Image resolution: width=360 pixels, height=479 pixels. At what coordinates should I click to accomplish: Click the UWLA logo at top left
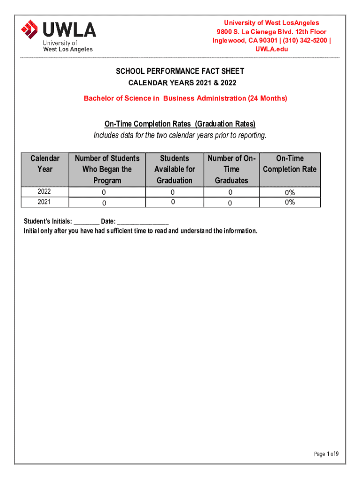pyautogui.click(x=58, y=35)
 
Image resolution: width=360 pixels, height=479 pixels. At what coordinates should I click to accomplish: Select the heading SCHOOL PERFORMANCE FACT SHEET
pyautogui.click(x=180, y=72)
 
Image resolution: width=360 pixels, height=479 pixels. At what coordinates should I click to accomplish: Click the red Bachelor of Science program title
pyautogui.click(x=185, y=98)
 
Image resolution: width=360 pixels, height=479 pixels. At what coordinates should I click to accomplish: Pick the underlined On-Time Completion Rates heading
pyautogui.click(x=180, y=124)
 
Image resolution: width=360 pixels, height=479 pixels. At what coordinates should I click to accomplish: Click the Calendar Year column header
pyautogui.click(x=45, y=164)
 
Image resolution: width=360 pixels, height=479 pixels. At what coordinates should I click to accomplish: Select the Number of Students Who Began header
pyautogui.click(x=108, y=169)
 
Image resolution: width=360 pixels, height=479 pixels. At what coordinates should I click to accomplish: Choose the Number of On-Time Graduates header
pyautogui.click(x=231, y=169)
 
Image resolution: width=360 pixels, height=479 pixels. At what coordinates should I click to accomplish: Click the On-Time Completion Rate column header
pyautogui.click(x=290, y=164)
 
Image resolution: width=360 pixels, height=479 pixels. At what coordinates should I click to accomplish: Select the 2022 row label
pyautogui.click(x=45, y=192)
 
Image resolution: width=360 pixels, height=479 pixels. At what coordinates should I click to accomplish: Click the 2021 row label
pyautogui.click(x=45, y=202)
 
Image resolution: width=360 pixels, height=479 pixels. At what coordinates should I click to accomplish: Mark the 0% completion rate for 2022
pyautogui.click(x=290, y=192)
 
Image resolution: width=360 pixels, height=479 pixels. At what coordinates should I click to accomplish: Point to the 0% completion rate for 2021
pyautogui.click(x=290, y=202)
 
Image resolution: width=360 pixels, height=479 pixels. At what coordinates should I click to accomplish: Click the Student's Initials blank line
pyautogui.click(x=86, y=222)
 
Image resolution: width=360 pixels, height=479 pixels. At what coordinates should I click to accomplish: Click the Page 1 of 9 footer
pyautogui.click(x=326, y=454)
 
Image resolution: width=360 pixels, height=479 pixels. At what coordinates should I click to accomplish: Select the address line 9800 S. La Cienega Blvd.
pyautogui.click(x=271, y=32)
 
